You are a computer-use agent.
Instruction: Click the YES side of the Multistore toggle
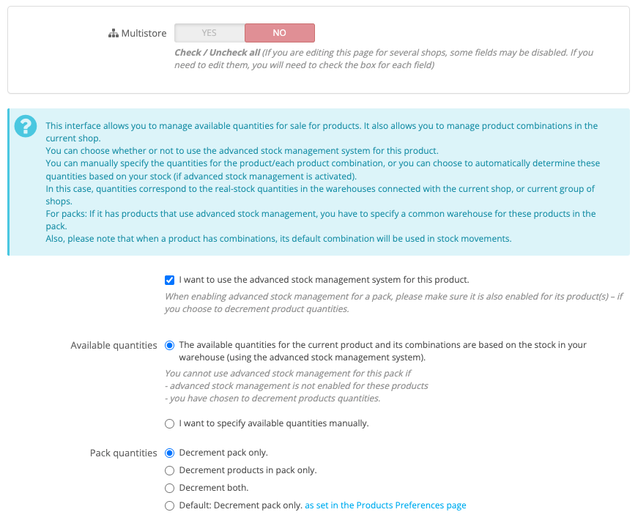click(209, 33)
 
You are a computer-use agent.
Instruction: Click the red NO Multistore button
click(279, 33)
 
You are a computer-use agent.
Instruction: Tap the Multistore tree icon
click(113, 34)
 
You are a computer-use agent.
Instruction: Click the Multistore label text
click(144, 34)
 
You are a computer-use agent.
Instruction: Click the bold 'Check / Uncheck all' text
click(217, 53)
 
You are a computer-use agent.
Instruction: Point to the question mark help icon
click(25, 126)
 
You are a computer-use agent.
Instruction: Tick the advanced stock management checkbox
click(170, 280)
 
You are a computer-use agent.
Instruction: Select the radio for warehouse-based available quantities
click(170, 345)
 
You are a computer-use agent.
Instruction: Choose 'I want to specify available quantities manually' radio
click(170, 423)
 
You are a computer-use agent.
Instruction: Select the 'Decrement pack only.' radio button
click(170, 453)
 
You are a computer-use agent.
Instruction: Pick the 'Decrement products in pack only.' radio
click(170, 470)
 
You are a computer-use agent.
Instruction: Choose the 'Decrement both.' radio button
click(170, 488)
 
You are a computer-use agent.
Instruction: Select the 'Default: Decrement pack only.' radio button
click(170, 505)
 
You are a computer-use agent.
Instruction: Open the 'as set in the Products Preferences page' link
click(385, 505)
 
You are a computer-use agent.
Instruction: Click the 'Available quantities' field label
click(114, 345)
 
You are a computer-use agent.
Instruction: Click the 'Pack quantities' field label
click(123, 453)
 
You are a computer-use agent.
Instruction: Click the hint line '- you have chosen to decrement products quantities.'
click(272, 398)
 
